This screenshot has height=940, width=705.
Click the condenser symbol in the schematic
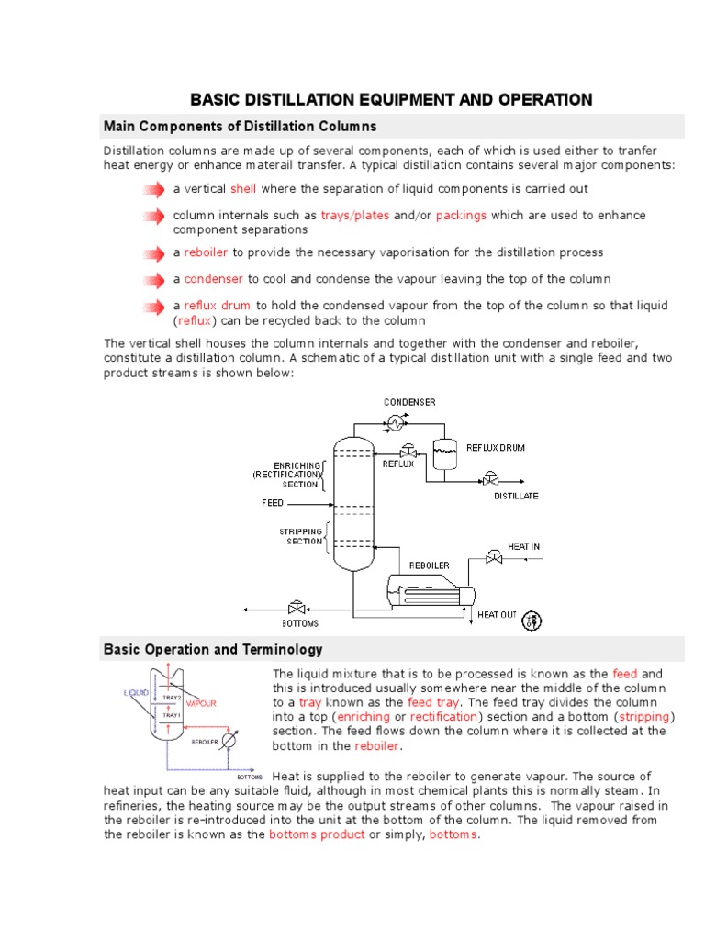click(396, 421)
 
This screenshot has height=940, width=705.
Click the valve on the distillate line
click(491, 478)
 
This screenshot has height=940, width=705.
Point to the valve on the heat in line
click(496, 556)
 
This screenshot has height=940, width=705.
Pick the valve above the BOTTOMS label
click(296, 608)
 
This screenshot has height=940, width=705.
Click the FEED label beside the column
click(273, 504)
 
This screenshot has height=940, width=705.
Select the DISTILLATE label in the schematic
click(516, 496)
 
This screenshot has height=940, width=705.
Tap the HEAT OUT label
click(497, 614)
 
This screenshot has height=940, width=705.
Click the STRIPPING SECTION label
click(301, 536)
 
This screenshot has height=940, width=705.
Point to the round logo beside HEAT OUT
click(532, 621)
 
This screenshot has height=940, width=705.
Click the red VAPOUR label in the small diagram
click(201, 703)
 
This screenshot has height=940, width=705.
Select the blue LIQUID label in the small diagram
click(137, 692)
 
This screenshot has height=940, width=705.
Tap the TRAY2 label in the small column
click(171, 699)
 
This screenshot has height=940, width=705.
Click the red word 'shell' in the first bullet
click(243, 188)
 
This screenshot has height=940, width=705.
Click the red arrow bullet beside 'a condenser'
click(153, 279)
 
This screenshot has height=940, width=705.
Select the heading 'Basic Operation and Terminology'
click(213, 650)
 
